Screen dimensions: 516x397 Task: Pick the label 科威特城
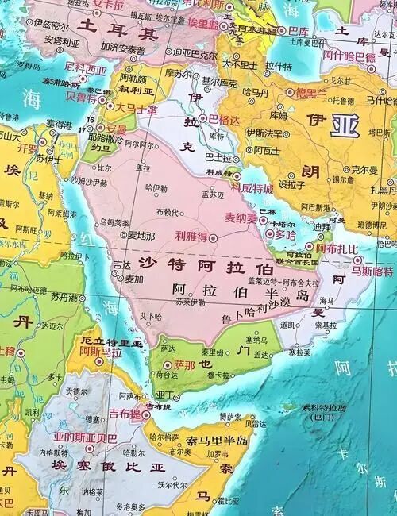[252, 188]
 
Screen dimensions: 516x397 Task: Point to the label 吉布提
[125, 414]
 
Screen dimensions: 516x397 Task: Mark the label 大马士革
[135, 106]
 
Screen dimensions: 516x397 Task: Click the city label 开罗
[29, 148]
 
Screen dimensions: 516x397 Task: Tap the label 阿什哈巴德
[349, 56]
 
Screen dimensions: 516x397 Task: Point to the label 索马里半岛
[217, 441]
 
